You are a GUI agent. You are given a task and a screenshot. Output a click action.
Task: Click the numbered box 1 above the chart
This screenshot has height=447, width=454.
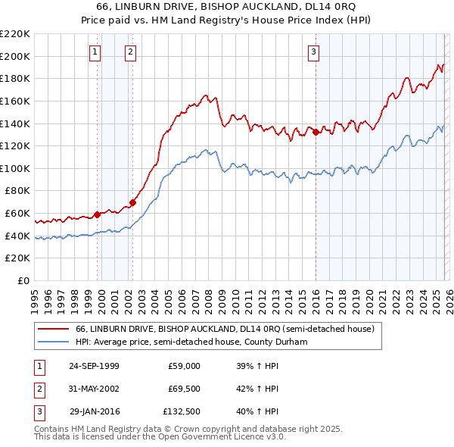tap(95, 52)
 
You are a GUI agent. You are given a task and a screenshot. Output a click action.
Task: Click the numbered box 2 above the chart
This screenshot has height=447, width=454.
tap(131, 52)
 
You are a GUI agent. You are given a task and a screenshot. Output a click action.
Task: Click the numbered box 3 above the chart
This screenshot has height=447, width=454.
tap(313, 52)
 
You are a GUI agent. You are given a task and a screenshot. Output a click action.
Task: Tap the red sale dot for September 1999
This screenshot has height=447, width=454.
tap(98, 214)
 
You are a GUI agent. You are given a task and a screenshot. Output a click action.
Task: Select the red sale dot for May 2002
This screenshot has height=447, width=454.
tap(132, 202)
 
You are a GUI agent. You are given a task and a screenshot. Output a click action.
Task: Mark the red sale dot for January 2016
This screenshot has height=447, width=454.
tap(316, 132)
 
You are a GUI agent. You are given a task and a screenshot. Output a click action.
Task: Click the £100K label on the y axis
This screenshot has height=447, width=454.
tap(15, 168)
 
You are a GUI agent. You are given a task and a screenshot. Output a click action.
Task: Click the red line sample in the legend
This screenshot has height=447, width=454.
tap(53, 330)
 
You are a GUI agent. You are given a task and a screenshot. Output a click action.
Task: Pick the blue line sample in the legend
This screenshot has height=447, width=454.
tap(53, 342)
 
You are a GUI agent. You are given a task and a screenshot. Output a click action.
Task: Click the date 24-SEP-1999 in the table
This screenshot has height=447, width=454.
tap(94, 366)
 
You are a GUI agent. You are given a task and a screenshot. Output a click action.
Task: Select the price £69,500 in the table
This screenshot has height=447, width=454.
tap(184, 389)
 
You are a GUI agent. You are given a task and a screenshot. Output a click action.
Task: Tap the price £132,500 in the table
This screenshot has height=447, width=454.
tap(182, 411)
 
